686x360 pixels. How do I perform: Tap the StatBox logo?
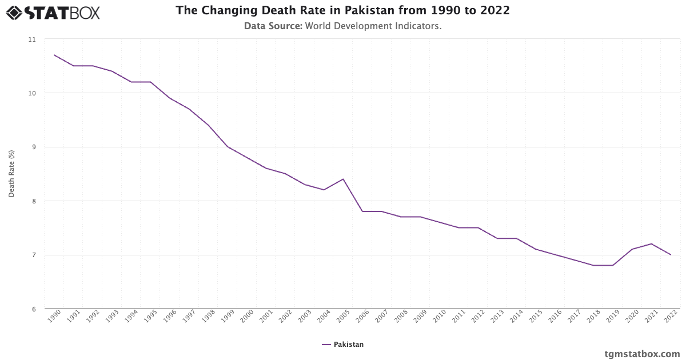pos(53,12)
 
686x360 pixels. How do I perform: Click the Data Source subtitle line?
pos(342,26)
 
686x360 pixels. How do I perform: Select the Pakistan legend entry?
pos(343,345)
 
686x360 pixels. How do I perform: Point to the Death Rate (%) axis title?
pos(11,174)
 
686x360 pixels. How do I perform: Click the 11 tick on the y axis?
pos(31,39)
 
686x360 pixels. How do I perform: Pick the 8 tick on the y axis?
pos(33,201)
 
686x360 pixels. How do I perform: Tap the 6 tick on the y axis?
pos(33,309)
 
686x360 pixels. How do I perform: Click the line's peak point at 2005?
pos(343,179)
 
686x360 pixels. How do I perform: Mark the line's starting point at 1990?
pos(54,55)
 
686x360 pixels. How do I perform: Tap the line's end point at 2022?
pos(671,255)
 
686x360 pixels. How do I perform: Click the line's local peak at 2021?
pos(651,244)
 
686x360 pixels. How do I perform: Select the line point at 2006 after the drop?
pos(362,211)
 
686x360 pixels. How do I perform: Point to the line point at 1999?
pos(228,147)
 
